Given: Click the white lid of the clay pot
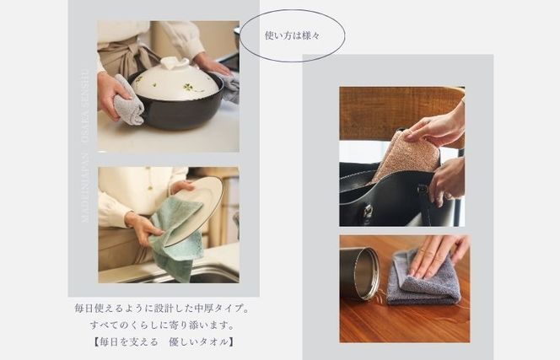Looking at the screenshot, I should pyautogui.click(x=175, y=83).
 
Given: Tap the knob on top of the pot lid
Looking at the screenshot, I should pyautogui.click(x=175, y=63).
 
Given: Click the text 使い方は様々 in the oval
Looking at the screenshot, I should pyautogui.click(x=292, y=36).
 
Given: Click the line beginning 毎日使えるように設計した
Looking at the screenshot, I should pyautogui.click(x=161, y=309).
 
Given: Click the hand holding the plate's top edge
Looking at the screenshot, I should pyautogui.click(x=180, y=185).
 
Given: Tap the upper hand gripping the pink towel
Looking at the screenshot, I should pyautogui.click(x=434, y=128).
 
